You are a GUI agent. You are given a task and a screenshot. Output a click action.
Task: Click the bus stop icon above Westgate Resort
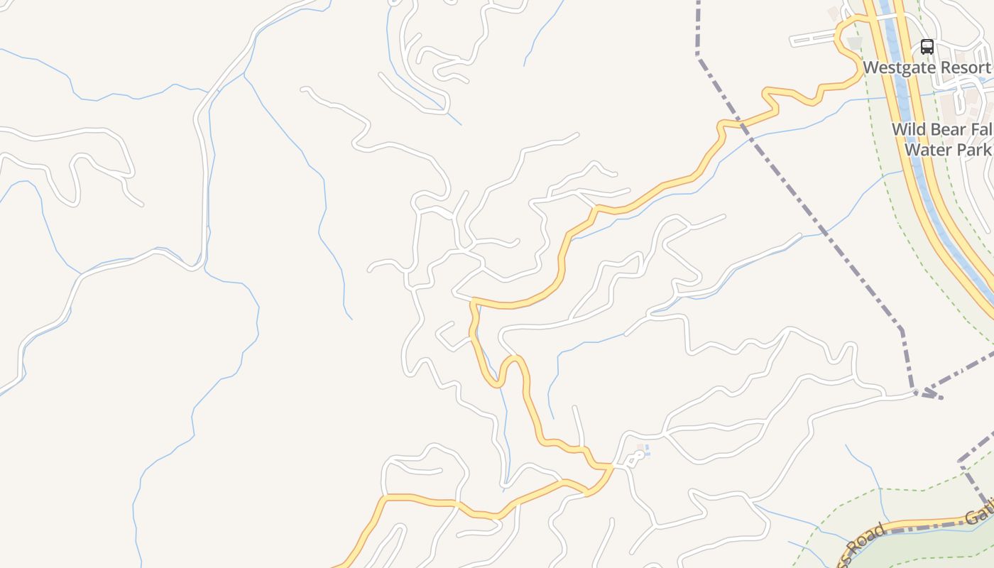(x=927, y=47)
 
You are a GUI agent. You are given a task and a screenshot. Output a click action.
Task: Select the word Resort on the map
(x=962, y=67)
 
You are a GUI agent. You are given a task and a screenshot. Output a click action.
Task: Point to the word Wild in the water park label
(x=908, y=130)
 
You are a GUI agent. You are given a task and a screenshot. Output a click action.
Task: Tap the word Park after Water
(x=973, y=150)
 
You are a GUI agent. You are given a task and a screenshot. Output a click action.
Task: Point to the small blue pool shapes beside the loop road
(x=646, y=451)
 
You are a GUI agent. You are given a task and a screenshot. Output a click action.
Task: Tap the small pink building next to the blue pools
(x=640, y=447)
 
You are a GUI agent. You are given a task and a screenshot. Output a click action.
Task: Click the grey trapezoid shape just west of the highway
(x=855, y=43)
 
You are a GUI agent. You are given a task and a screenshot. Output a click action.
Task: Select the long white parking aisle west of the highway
(x=814, y=39)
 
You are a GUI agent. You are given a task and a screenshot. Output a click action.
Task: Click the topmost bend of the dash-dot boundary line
(x=699, y=53)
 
